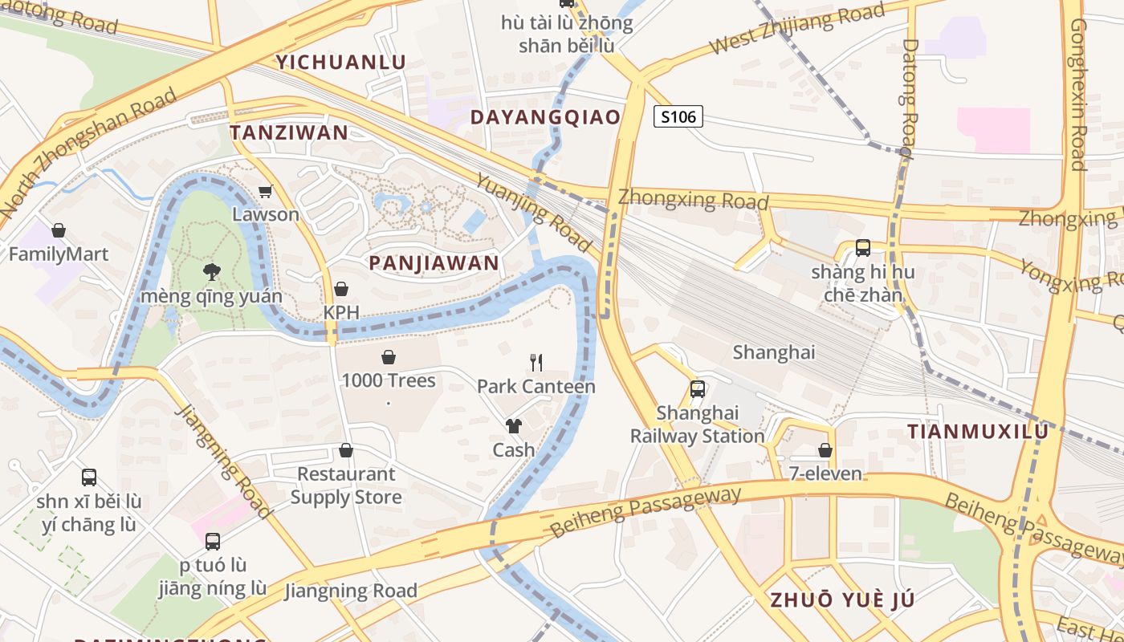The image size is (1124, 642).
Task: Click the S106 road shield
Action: click(x=678, y=117)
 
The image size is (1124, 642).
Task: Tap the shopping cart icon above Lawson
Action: click(x=266, y=192)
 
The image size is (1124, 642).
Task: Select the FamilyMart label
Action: click(x=58, y=254)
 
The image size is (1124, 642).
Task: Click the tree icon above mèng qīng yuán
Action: click(x=212, y=272)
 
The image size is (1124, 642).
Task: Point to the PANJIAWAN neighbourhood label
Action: click(x=434, y=262)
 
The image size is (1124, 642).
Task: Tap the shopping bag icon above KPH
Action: click(x=341, y=289)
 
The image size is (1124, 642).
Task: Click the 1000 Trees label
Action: click(x=389, y=380)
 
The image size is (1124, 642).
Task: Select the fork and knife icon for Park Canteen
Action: click(x=536, y=363)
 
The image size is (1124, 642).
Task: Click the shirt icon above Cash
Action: click(x=514, y=426)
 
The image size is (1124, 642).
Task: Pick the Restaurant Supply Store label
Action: click(x=346, y=486)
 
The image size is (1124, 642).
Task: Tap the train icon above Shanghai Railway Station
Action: click(x=698, y=389)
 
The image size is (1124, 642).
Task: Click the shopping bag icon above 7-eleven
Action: click(x=825, y=450)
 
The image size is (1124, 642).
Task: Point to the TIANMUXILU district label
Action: click(x=978, y=432)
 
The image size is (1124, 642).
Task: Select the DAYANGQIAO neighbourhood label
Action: click(x=545, y=117)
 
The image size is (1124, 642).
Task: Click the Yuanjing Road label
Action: click(x=533, y=210)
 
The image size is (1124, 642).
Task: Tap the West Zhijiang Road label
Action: click(x=796, y=29)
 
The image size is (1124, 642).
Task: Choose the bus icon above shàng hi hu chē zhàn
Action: click(x=863, y=248)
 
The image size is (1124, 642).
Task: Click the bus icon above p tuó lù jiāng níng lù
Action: click(x=213, y=542)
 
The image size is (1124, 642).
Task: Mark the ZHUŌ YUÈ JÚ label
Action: click(x=842, y=599)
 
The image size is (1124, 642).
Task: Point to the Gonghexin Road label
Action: click(x=1078, y=95)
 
